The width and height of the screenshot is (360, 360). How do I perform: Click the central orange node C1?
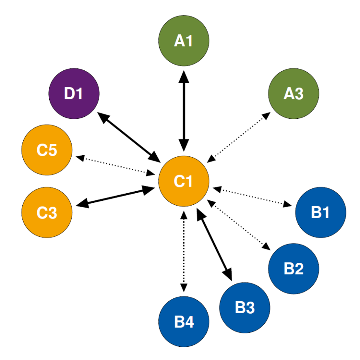[x=184, y=181]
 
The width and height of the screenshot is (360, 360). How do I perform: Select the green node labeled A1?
[x=184, y=41]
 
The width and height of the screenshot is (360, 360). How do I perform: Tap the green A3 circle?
[x=293, y=94]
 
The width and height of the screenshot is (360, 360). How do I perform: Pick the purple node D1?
[x=74, y=94]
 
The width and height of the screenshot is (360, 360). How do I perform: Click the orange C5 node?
[x=47, y=150]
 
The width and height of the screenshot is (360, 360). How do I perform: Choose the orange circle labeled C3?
[x=47, y=212]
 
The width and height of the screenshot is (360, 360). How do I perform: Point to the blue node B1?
[x=321, y=212]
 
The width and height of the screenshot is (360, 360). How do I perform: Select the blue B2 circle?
[x=293, y=268]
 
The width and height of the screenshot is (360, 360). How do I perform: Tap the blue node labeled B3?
[x=245, y=307]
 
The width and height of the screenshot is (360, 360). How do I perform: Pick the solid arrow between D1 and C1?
[x=129, y=138]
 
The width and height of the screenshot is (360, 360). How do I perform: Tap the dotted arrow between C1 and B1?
[x=253, y=197]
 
